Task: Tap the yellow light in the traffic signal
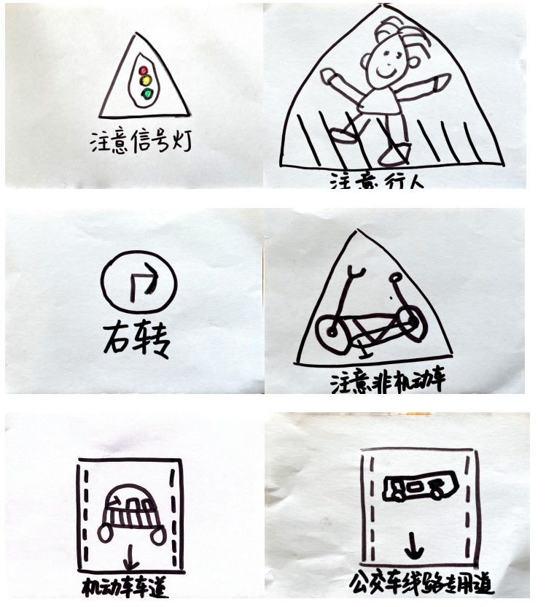[145, 81]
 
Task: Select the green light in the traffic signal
[147, 93]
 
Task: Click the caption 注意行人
[376, 179]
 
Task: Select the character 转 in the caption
[152, 341]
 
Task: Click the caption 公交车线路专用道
[421, 584]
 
